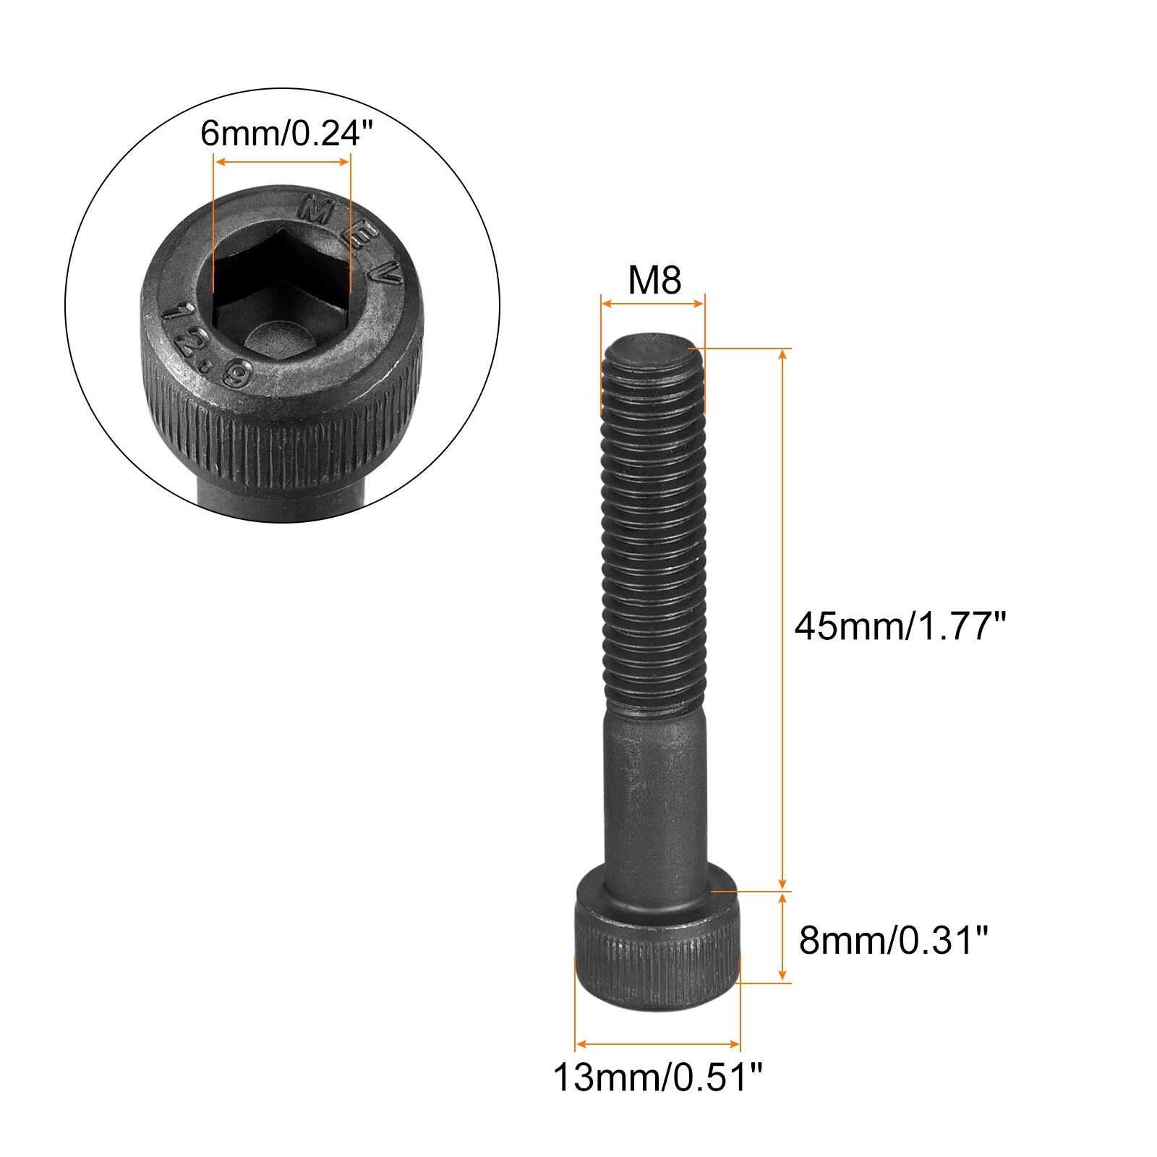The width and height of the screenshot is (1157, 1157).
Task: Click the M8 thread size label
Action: coord(654,280)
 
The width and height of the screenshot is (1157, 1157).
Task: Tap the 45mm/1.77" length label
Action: coord(900,626)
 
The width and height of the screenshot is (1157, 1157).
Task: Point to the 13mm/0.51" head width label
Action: coord(658,1077)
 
